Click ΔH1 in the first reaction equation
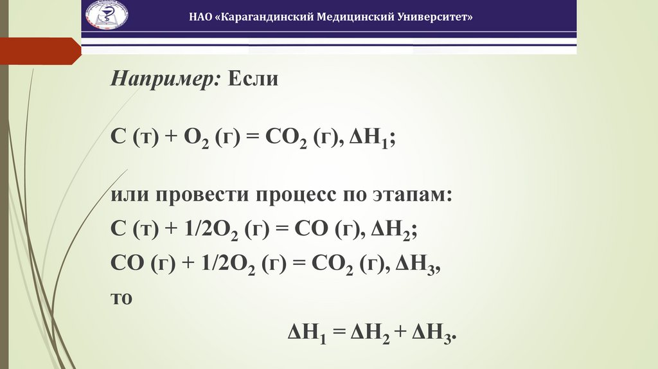click(367, 137)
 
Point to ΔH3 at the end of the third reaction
click(416, 265)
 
